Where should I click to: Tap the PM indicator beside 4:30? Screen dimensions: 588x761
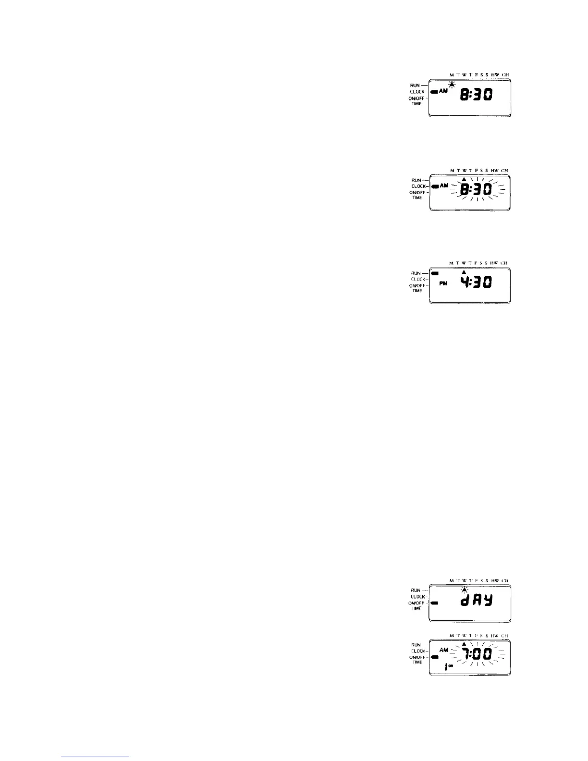[x=443, y=283]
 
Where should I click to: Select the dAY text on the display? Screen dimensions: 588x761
[x=476, y=601]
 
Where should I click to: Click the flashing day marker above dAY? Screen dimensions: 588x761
[x=464, y=589]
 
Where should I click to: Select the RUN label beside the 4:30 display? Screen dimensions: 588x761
[x=416, y=273]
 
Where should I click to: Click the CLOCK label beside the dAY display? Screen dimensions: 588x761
[x=416, y=597]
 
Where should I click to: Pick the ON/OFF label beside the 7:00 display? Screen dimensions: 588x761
[x=416, y=657]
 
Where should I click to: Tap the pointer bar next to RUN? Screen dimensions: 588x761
[x=435, y=273]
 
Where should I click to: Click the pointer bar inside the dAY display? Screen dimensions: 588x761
[x=435, y=603]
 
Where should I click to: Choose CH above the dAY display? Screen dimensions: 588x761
[x=504, y=581]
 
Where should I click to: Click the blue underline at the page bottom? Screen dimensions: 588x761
[x=96, y=757]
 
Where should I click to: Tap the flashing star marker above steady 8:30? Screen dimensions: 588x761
[x=452, y=86]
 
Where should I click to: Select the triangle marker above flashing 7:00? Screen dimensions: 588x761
[x=464, y=644]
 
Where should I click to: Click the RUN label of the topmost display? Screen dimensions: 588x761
[x=415, y=86]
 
